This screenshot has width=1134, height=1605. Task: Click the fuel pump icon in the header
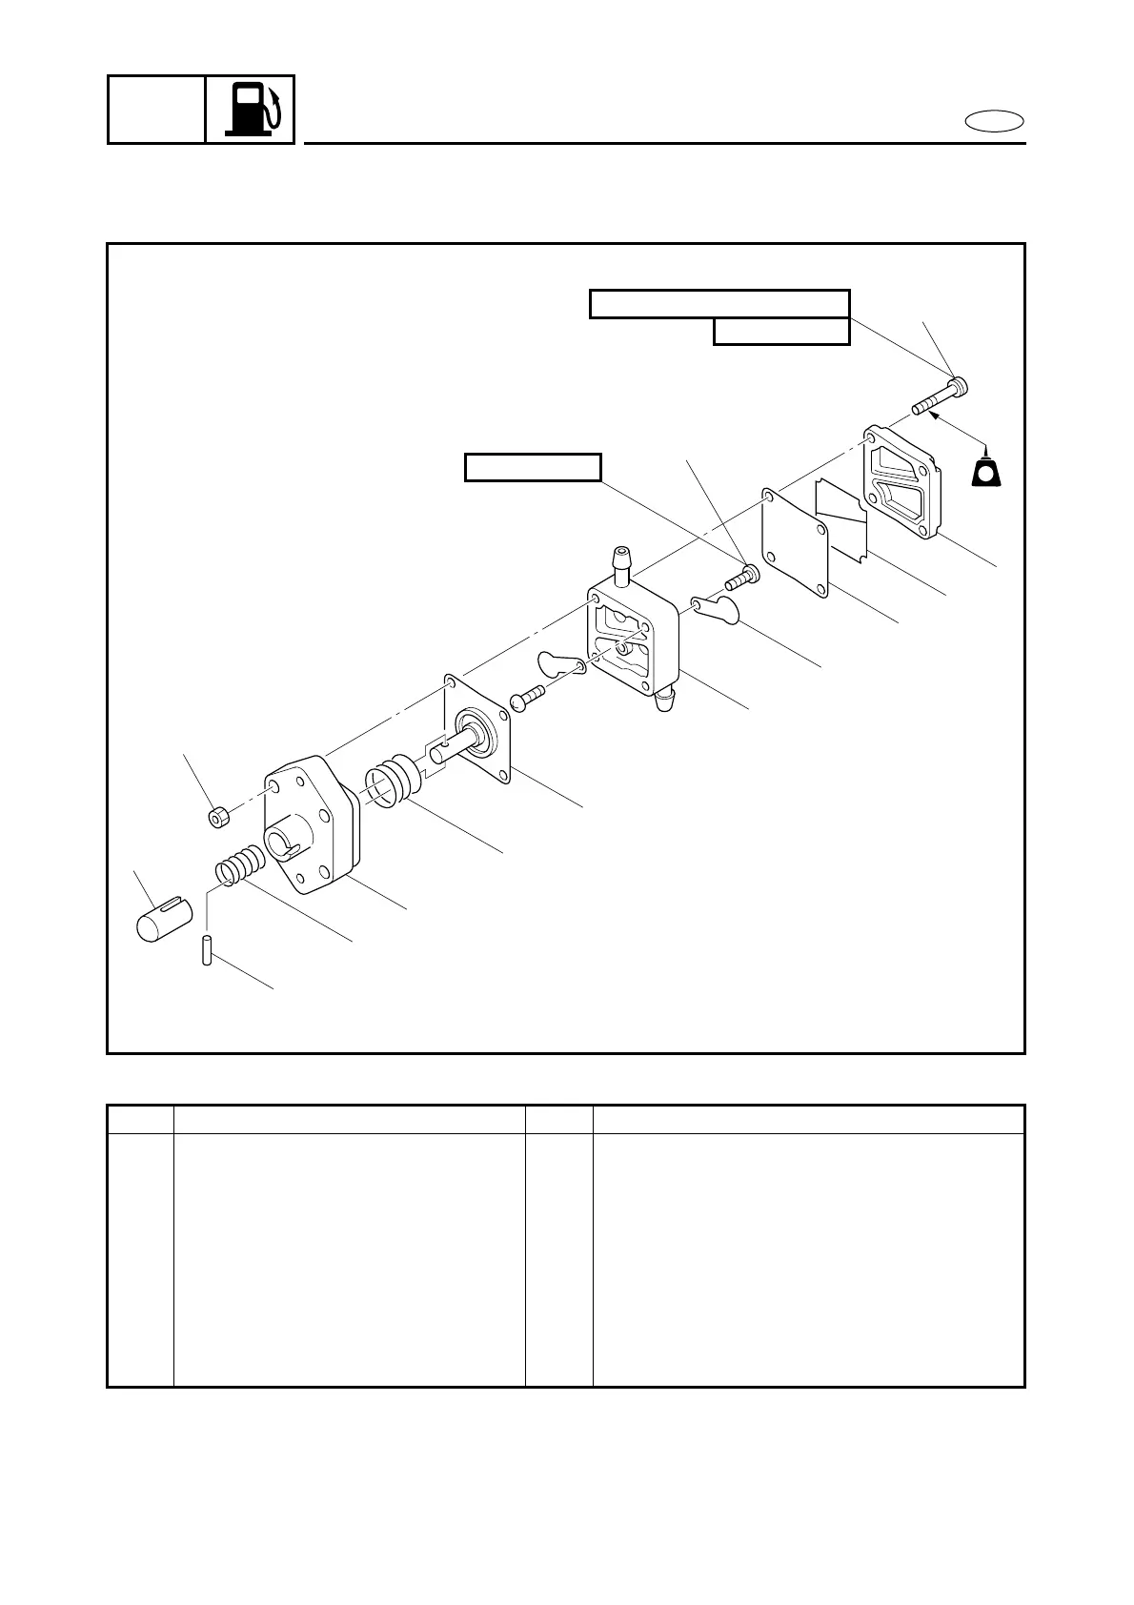[x=251, y=109]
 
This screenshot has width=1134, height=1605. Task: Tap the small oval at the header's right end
[x=994, y=121]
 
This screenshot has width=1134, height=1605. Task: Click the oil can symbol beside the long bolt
[x=986, y=471]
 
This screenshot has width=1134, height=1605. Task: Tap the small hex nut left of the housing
[x=218, y=816]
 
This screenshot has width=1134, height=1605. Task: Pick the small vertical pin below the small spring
[x=206, y=952]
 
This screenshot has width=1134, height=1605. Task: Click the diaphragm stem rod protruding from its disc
[x=453, y=748]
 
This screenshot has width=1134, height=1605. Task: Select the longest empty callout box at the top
[x=719, y=303]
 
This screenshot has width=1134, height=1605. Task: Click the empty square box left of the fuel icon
[x=156, y=109]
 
